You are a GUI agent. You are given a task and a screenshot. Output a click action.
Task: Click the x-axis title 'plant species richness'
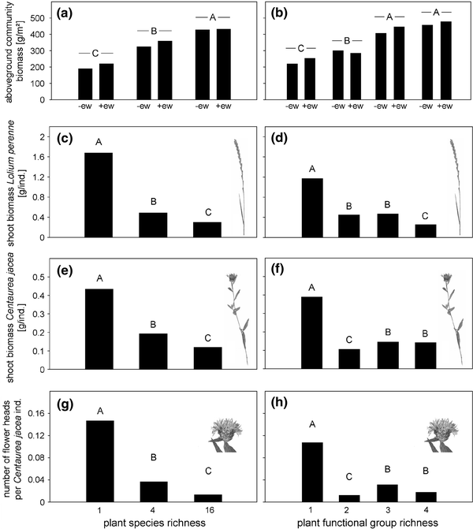pos(152,521)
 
